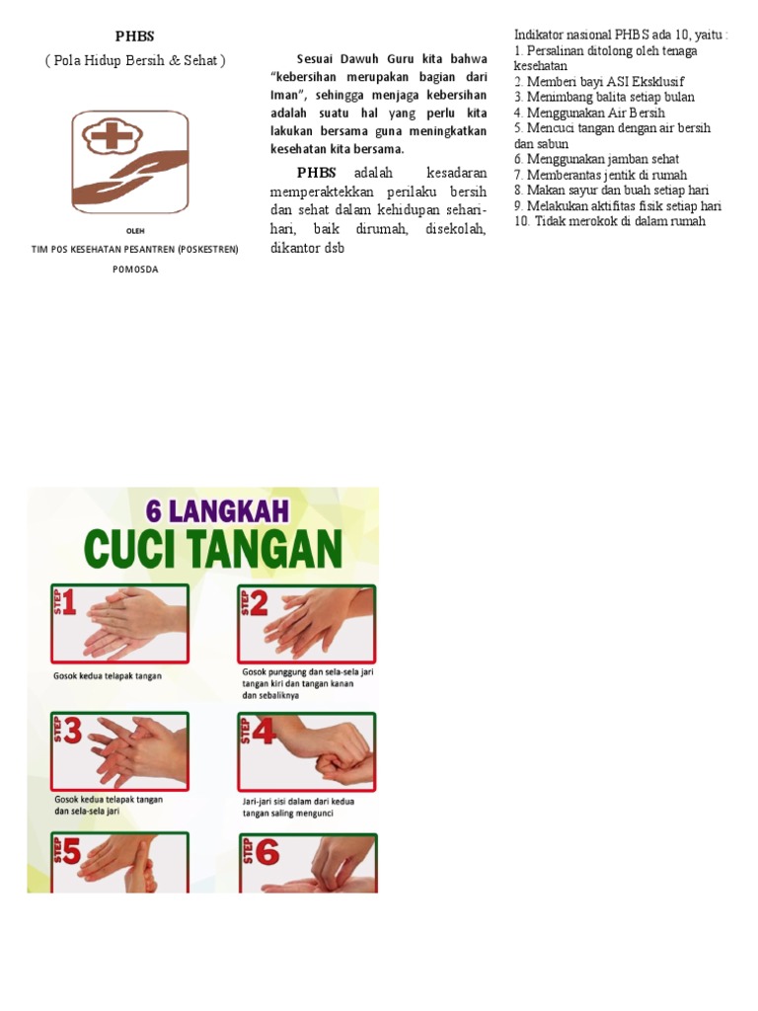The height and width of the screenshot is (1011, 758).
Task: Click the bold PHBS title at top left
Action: (x=134, y=37)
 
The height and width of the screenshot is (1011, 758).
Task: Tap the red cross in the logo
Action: (x=106, y=137)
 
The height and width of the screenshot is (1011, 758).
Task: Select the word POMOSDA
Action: (x=134, y=269)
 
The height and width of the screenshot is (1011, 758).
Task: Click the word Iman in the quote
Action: (x=284, y=95)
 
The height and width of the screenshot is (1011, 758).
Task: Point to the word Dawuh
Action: (x=349, y=58)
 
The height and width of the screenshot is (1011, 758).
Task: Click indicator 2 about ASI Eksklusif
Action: (x=599, y=81)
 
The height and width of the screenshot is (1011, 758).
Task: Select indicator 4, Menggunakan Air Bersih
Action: (x=589, y=113)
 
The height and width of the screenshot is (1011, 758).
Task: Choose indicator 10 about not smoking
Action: (x=609, y=221)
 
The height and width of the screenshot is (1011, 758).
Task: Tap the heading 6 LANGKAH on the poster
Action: (x=217, y=511)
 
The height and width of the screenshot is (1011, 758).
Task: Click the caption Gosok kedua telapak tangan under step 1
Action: (x=108, y=676)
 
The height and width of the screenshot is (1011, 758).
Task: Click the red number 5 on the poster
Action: (x=70, y=852)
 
